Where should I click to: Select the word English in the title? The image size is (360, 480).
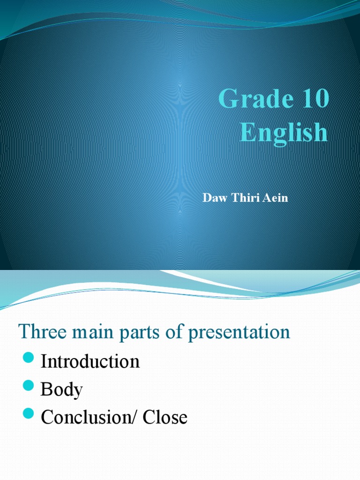[x=284, y=132]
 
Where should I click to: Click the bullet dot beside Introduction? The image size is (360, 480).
[x=29, y=360]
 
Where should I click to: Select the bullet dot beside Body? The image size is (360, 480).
[x=29, y=388]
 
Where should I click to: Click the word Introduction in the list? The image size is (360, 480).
[x=90, y=361]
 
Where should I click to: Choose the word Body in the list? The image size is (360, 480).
[x=62, y=390]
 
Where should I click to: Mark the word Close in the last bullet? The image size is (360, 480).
[x=165, y=417]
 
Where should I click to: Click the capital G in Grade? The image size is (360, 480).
[x=227, y=100]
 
